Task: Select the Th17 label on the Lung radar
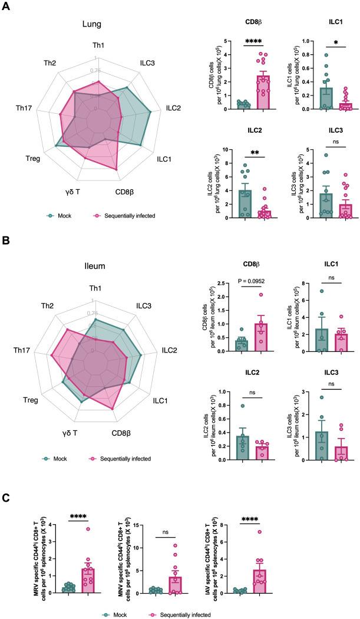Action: pyautogui.click(x=27, y=108)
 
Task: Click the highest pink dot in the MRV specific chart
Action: pyautogui.click(x=87, y=529)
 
